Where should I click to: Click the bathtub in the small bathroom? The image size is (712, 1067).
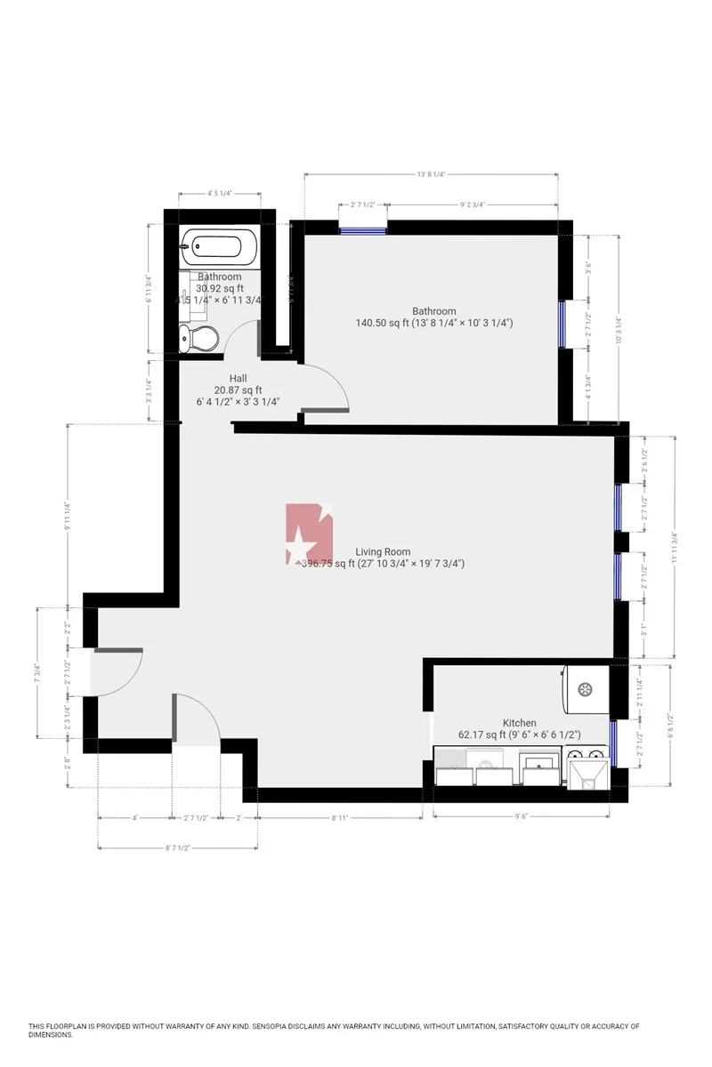coord(219,245)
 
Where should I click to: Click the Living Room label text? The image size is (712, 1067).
coord(383,551)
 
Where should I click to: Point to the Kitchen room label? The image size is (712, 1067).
coord(519,723)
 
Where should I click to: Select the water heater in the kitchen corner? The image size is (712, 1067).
coord(586,689)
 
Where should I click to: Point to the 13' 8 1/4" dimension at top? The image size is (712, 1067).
coord(431,175)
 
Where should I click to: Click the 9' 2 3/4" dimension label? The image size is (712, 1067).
coord(473,205)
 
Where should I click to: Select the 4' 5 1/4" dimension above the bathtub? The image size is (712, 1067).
coord(220,193)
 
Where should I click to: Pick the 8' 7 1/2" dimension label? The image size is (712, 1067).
coord(177,847)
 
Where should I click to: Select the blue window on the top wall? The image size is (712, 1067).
coord(362,230)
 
